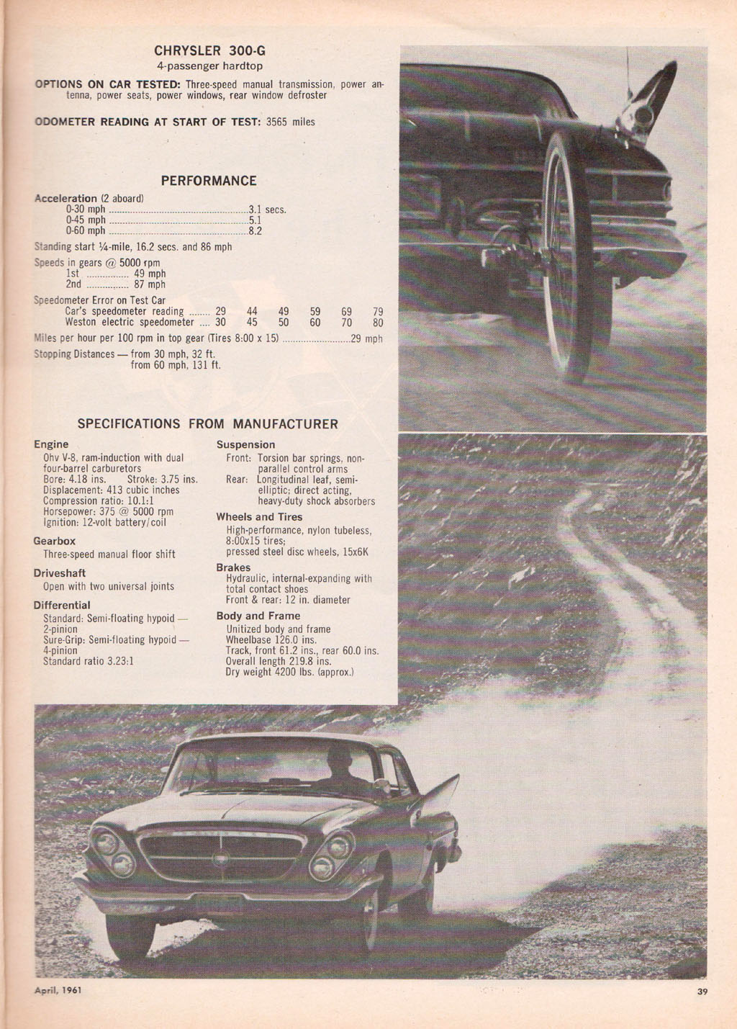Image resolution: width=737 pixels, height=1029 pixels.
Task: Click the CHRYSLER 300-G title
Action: click(x=209, y=51)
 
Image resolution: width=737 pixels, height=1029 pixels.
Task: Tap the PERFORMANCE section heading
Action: click(x=209, y=181)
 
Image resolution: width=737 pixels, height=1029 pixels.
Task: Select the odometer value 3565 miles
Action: click(x=291, y=122)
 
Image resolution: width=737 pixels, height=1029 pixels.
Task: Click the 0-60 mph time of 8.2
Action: click(x=256, y=231)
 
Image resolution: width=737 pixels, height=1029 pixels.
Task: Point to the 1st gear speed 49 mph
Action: click(x=150, y=274)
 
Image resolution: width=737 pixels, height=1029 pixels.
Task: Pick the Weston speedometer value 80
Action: click(x=378, y=323)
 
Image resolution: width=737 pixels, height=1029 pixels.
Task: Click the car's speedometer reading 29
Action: click(x=220, y=312)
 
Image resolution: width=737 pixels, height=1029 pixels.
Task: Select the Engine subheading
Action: click(x=51, y=444)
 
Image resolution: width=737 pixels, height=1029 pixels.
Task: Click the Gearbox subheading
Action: click(x=54, y=541)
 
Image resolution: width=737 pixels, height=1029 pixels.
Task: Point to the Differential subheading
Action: click(x=62, y=605)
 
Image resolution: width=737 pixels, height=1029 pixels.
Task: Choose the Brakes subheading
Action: click(x=233, y=567)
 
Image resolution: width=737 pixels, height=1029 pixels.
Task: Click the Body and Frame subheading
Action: click(x=258, y=616)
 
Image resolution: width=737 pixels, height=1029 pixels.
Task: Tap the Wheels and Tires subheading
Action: click(x=259, y=517)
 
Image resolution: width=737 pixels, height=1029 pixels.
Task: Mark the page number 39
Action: click(x=702, y=992)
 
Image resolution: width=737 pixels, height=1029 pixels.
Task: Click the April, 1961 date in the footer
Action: click(x=58, y=990)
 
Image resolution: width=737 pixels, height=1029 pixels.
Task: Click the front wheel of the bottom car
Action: click(x=130, y=934)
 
